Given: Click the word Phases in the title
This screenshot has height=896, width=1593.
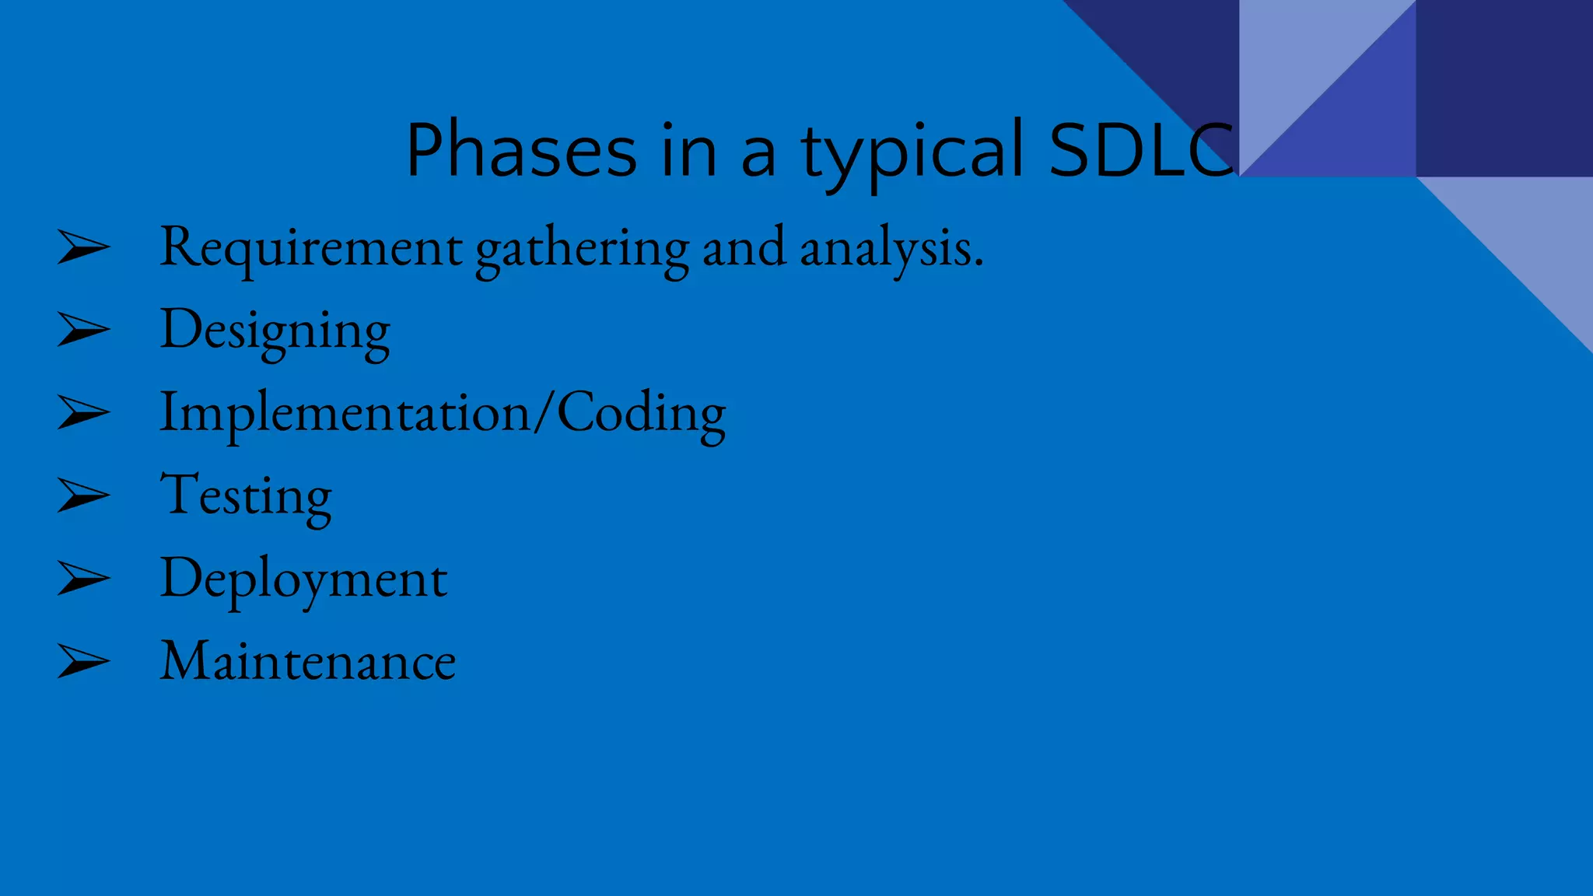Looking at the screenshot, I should point(521,150).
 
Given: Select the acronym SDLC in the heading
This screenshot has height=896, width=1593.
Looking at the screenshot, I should point(1140,150).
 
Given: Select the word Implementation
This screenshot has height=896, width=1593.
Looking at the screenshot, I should point(345,414).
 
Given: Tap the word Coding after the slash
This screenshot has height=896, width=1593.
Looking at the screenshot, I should point(641,414).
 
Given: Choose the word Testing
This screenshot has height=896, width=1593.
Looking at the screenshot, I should point(246,497).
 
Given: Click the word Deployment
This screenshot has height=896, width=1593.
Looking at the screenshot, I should point(303,580).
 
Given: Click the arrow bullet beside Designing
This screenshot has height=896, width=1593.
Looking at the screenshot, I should point(83,331).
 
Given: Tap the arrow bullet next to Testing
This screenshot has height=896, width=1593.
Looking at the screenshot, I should point(83,496).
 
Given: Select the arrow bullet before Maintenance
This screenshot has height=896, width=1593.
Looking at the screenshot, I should point(83,662).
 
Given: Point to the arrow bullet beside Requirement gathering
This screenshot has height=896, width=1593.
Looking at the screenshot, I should point(83,248).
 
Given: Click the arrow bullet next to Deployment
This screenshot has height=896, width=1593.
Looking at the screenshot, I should point(83,579).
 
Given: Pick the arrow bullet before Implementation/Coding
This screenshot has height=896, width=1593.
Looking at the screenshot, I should point(83,413).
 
